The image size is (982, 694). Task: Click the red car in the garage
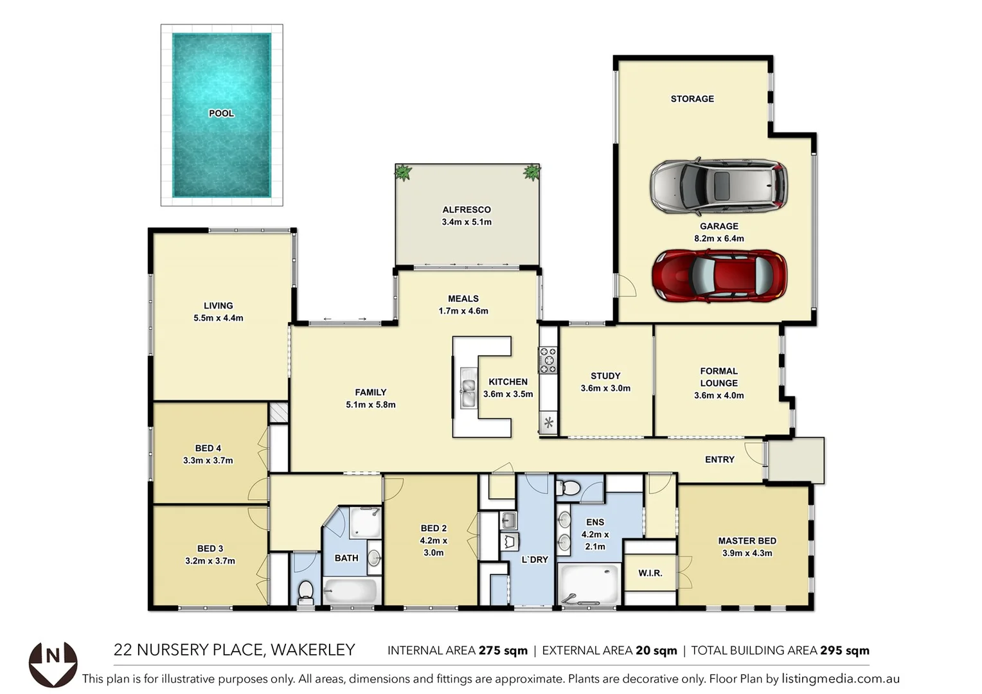(x=719, y=276)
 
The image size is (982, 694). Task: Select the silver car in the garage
(x=719, y=186)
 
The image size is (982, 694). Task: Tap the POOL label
(x=221, y=114)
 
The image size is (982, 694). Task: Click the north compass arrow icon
(x=53, y=664)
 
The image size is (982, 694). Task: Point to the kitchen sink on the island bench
(x=468, y=388)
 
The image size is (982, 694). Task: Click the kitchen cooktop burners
(x=548, y=360)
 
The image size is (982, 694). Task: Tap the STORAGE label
(x=692, y=99)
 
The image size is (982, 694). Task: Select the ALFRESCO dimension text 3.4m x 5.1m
(x=467, y=222)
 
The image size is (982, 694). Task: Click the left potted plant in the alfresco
(x=403, y=172)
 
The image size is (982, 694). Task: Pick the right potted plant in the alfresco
(x=531, y=172)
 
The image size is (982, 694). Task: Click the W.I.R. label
(x=650, y=573)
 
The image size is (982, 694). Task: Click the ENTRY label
(x=719, y=459)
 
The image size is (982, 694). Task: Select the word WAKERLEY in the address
(x=313, y=650)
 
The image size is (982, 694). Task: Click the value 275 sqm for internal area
(x=503, y=651)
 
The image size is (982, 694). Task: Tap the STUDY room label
(x=605, y=376)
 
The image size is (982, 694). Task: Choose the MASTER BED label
(x=747, y=541)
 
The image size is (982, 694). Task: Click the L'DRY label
(x=535, y=560)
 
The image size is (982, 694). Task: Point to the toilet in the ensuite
(x=568, y=489)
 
